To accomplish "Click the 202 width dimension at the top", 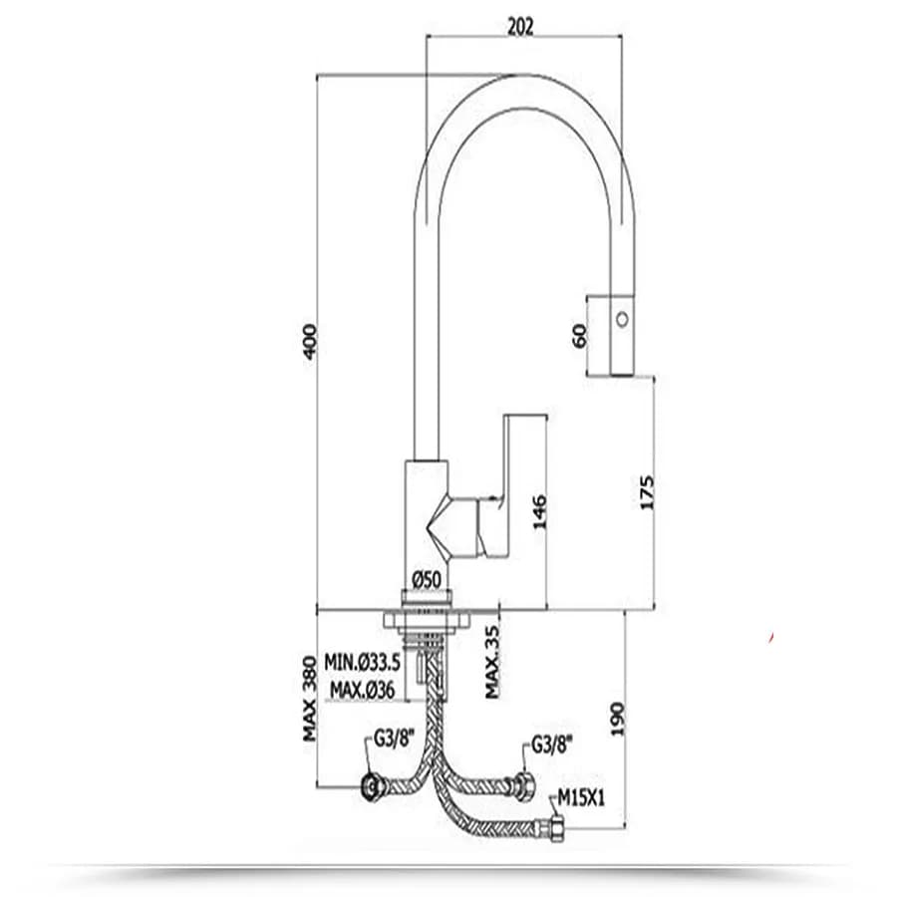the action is (520, 26).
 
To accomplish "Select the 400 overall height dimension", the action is (309, 342).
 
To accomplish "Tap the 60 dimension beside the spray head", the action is (579, 336).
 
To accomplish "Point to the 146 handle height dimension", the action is (539, 512).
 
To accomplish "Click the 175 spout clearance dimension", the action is (647, 492).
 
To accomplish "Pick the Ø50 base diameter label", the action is (427, 580).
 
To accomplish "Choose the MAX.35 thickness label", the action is (492, 662).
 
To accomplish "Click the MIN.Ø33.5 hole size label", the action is (362, 662).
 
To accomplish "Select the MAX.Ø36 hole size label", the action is (362, 690).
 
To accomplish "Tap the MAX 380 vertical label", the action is (309, 699).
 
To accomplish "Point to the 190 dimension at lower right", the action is (618, 719).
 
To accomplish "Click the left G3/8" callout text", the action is (394, 740).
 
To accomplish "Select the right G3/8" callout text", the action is (552, 745).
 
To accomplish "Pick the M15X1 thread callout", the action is (581, 798).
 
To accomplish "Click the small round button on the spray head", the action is (622, 319).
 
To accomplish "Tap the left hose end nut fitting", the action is (373, 786).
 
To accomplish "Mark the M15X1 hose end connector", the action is (555, 829).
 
